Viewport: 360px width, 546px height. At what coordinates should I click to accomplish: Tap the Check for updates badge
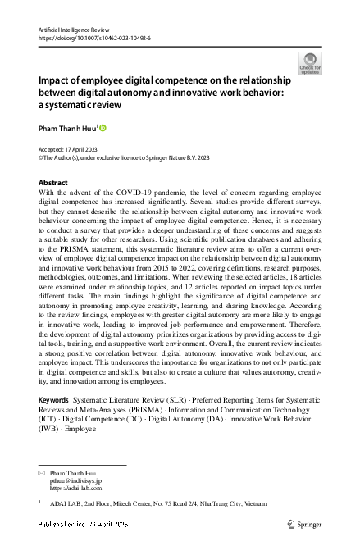click(x=310, y=63)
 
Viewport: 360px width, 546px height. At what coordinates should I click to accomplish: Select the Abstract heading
click(x=54, y=183)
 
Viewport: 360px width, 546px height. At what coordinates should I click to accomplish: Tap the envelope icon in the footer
click(x=42, y=474)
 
